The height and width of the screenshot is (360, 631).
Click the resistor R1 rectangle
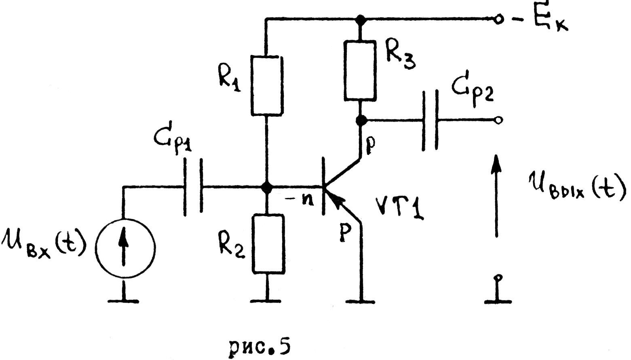pos(266,86)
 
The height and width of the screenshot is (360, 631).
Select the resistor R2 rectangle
pos(268,244)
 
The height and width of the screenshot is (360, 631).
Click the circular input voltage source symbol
pos(125,247)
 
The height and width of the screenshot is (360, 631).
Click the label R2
pos(231,242)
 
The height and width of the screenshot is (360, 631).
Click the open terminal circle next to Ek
pos(499,19)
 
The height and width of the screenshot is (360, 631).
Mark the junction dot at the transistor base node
pos(266,187)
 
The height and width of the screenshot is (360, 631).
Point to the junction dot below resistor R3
pos(361,120)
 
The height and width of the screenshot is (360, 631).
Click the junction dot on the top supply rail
pos(360,19)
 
